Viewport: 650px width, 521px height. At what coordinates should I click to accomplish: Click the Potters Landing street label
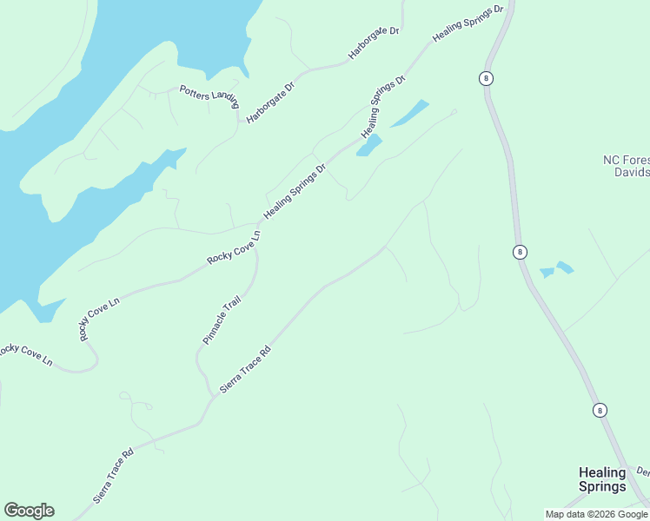point(209,94)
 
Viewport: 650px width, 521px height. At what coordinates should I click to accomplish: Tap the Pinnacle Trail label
point(222,320)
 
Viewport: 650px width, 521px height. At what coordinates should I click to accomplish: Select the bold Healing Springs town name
point(602,479)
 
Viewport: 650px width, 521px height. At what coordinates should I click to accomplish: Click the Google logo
point(29,511)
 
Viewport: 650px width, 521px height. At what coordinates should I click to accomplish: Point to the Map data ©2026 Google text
point(596,514)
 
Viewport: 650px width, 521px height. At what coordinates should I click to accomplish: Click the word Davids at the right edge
point(631,172)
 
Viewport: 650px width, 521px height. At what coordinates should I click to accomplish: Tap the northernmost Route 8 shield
point(486,78)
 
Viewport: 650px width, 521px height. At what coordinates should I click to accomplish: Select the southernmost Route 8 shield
point(600,410)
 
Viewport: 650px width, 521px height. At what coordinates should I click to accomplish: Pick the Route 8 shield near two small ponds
point(520,252)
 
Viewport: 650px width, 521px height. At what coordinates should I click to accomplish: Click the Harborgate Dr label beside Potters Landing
point(270,101)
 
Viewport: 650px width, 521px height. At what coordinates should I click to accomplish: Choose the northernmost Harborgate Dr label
point(373,43)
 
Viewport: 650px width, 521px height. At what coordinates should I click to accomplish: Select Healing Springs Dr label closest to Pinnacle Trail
point(295,191)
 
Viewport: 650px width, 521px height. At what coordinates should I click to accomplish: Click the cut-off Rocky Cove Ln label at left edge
point(25,353)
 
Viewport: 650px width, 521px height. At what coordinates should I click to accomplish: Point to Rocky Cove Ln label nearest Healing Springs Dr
point(234,247)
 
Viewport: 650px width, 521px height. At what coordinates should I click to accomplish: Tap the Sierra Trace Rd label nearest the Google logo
point(113,477)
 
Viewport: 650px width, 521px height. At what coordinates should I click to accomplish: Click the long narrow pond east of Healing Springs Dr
point(409,113)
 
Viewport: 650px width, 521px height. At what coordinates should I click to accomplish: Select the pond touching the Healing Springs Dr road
point(369,145)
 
